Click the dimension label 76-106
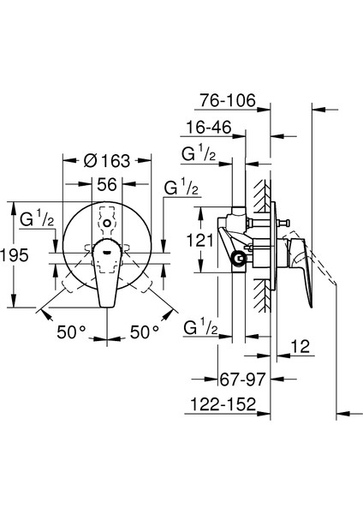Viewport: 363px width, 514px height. (228, 100)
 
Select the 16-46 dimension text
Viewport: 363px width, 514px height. (209, 127)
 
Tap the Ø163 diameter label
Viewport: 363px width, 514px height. (107, 161)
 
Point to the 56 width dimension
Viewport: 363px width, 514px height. (107, 184)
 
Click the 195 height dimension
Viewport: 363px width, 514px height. (15, 255)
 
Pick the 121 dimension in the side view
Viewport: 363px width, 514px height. (199, 241)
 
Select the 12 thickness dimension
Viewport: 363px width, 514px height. (301, 346)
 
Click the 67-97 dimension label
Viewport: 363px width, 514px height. (242, 380)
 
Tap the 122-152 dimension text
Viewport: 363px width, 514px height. (223, 404)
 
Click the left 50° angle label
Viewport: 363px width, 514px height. (71, 332)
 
